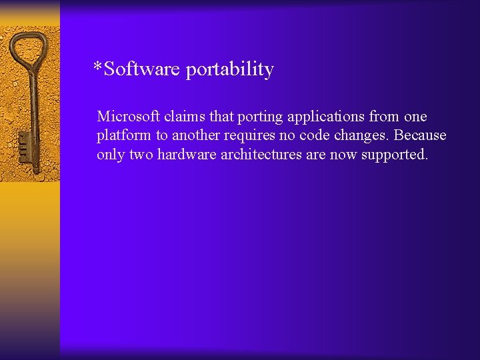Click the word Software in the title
point(142,69)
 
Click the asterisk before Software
point(98,67)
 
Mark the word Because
point(420,135)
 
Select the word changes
point(356,136)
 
